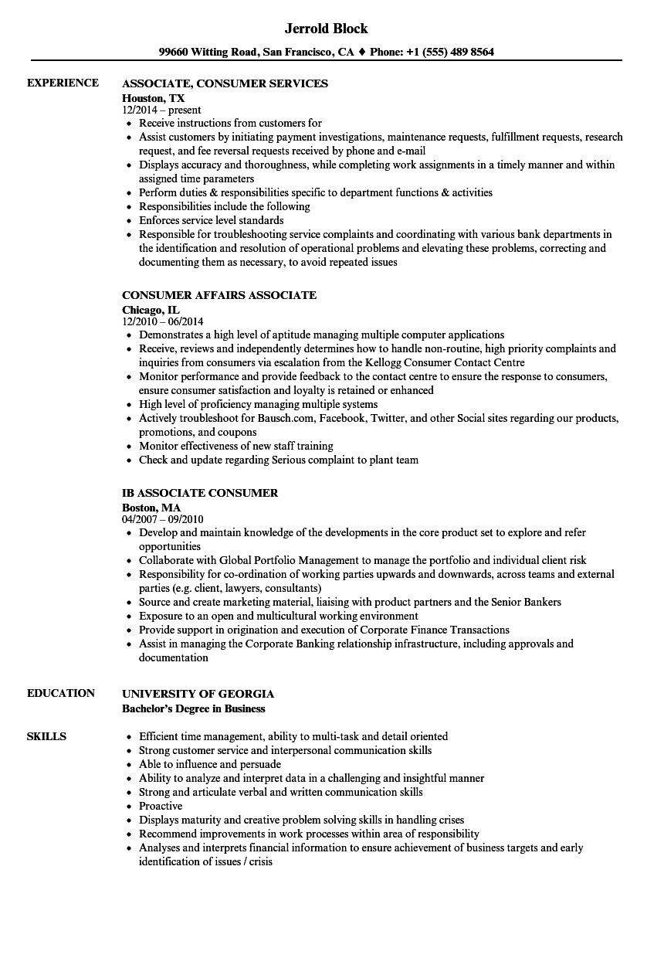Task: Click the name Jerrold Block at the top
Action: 327,29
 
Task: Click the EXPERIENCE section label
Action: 63,83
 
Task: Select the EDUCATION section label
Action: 61,693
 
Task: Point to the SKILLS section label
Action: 46,736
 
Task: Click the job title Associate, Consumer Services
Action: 225,83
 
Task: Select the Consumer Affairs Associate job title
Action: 219,295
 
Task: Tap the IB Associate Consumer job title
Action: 200,493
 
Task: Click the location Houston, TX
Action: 153,98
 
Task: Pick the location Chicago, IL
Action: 151,310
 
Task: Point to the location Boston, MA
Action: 151,508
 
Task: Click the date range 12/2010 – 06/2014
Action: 163,321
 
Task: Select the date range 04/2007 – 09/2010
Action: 163,519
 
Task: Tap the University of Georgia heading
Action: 198,694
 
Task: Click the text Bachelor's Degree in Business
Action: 193,708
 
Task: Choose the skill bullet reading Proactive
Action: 161,806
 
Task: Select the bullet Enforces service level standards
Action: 211,220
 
